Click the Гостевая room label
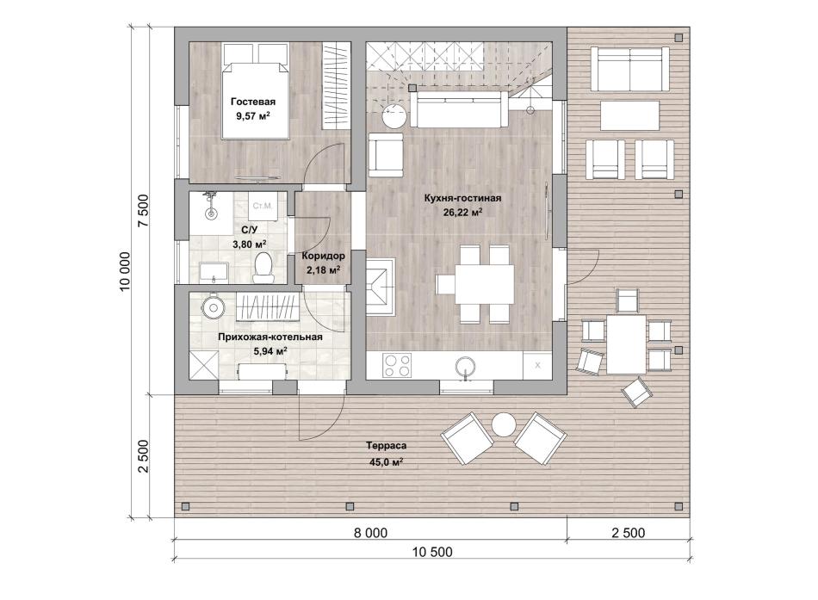pos(253,102)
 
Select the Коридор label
pos(324,257)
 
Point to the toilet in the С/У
pos(263,267)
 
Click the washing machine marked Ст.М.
pos(263,206)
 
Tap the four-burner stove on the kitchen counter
pos(397,365)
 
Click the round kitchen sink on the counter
pos(465,366)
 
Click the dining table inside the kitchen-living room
pos(484,284)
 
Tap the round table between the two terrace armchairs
pos(504,424)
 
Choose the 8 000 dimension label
pos(370,533)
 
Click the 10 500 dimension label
pos(432,552)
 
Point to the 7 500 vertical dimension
pos(143,211)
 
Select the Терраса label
pos(386,446)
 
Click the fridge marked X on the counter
pos(537,365)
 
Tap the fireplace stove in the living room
pos(380,287)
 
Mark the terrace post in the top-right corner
pos(679,38)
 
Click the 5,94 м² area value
pos(270,351)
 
